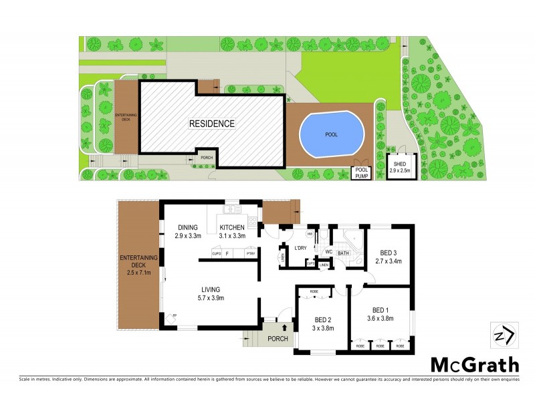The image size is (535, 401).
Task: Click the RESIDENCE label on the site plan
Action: tap(211, 124)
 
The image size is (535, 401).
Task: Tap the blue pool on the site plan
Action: tap(332, 134)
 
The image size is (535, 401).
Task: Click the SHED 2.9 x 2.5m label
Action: tap(400, 168)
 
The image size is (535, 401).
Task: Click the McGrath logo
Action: tap(474, 365)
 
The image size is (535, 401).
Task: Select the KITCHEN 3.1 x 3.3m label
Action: tap(233, 232)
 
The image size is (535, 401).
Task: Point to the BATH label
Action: tap(344, 253)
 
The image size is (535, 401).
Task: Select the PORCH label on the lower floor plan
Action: tap(277, 339)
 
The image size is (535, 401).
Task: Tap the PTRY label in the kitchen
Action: tap(251, 254)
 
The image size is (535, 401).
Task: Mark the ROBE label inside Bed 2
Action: tap(314, 291)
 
